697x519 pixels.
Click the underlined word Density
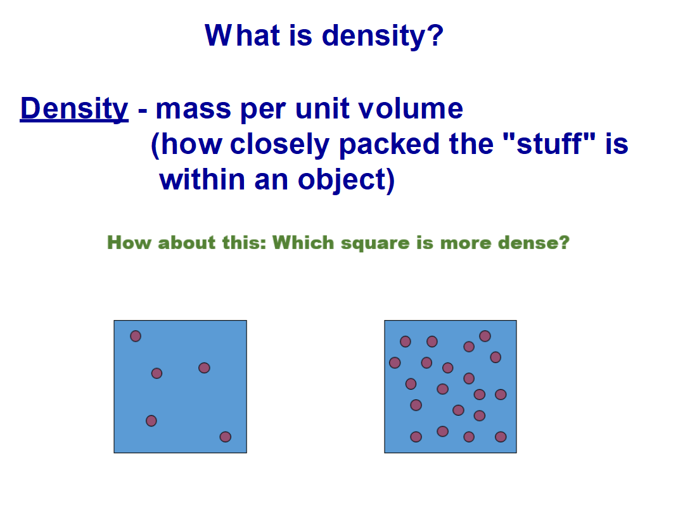point(74,108)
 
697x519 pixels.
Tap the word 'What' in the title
point(242,35)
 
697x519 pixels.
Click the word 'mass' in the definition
point(193,109)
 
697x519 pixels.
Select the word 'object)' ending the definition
point(346,180)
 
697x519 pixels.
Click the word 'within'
point(201,179)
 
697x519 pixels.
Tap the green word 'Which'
point(303,242)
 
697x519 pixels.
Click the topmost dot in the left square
point(136,336)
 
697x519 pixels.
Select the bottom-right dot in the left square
point(226,437)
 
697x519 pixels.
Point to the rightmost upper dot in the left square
point(204,368)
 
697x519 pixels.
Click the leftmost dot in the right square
point(395,362)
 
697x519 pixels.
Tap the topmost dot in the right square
point(485,336)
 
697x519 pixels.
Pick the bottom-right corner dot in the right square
point(501,437)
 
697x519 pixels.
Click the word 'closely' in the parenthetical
point(279,144)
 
